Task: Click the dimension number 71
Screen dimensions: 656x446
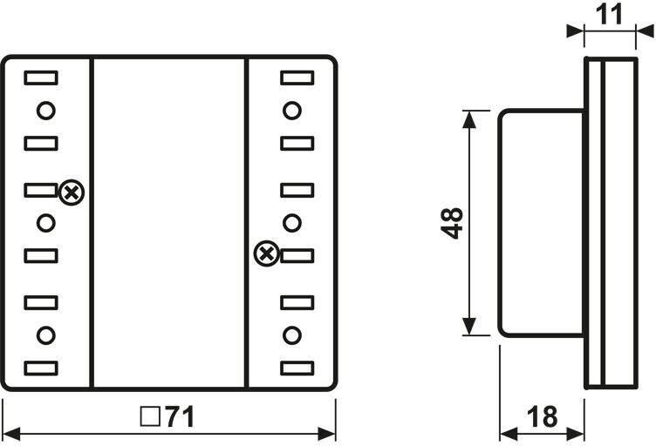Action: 180,416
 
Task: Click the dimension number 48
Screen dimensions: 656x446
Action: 452,223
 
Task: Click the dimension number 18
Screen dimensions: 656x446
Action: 542,416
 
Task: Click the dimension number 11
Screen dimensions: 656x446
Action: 609,15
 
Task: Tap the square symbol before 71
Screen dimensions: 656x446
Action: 150,416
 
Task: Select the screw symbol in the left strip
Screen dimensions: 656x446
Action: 72,193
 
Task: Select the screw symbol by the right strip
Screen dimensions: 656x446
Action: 267,253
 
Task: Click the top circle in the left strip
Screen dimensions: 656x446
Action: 46,111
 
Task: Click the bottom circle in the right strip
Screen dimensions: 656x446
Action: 292,335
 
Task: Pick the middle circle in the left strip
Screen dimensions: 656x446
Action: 46,223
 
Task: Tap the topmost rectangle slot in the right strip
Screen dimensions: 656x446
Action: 297,78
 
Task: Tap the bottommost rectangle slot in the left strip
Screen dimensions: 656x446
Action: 41,368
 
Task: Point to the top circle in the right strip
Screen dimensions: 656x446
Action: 292,111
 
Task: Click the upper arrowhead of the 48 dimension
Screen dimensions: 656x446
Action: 469,119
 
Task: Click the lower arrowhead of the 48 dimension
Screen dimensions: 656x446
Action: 469,327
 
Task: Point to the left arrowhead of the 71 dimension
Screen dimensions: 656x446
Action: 11,434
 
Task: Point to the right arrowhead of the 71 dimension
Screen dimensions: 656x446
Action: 327,434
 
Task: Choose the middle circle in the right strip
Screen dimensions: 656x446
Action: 292,223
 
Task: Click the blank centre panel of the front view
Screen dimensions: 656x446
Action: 169,223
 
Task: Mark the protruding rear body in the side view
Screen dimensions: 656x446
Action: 542,223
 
